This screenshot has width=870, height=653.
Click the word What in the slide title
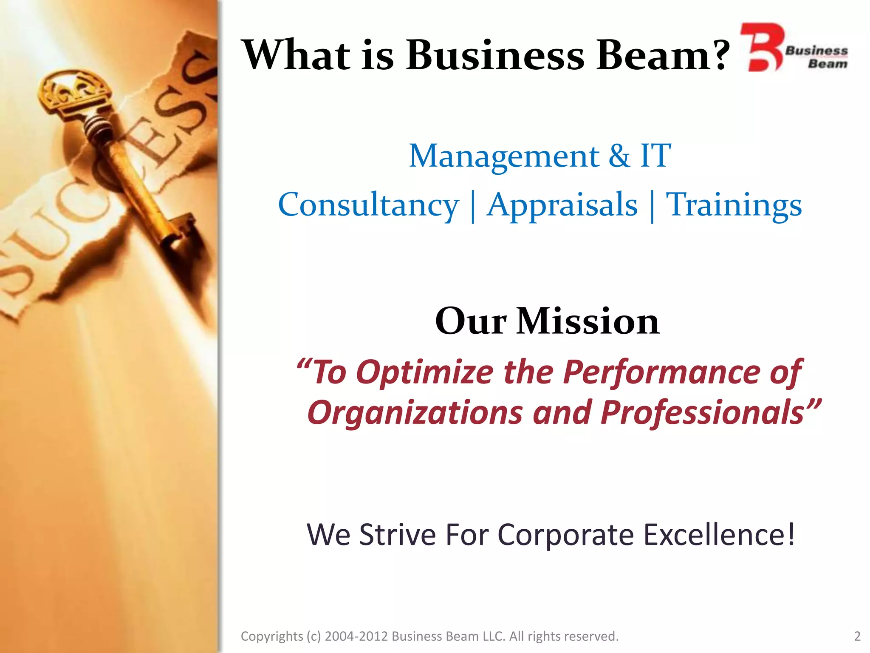pyautogui.click(x=297, y=55)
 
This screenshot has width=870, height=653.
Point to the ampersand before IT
pyautogui.click(x=619, y=156)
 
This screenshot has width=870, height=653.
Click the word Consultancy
pyautogui.click(x=368, y=206)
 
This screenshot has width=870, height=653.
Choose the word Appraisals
pyautogui.click(x=562, y=206)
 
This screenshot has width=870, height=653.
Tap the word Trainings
pyautogui.click(x=734, y=206)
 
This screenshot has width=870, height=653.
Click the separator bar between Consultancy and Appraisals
pyautogui.click(x=473, y=207)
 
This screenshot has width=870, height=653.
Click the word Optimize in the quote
pyautogui.click(x=425, y=372)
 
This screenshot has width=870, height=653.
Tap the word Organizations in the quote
pyautogui.click(x=415, y=413)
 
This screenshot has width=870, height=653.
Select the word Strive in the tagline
pyautogui.click(x=397, y=534)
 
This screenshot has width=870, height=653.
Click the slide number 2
pyautogui.click(x=857, y=636)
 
